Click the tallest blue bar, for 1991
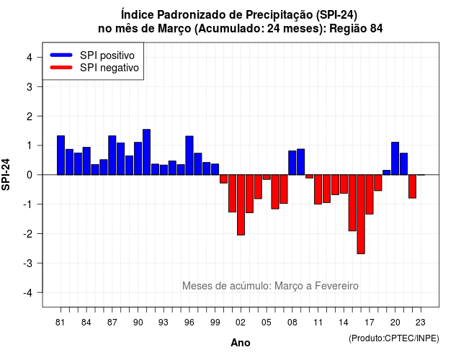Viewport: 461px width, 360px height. pos(146,152)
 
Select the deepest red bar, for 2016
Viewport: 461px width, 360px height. pos(361,215)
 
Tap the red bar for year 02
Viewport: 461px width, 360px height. pos(241,204)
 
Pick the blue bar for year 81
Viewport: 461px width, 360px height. pos(61,156)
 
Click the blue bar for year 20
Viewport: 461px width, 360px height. pos(395,158)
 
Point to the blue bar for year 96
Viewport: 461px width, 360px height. pos(189,156)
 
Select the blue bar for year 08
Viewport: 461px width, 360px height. pos(292,163)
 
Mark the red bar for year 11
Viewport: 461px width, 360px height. pos(318,189)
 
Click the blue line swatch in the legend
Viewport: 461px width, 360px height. pos(61,55)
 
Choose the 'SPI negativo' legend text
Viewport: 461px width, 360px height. pos(109,68)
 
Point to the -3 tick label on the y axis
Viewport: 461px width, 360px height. pos(29,263)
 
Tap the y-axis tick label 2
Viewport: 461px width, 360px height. pos(30,117)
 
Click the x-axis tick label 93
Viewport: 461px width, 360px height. pos(164,323)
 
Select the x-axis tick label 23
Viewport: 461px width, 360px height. pos(421,323)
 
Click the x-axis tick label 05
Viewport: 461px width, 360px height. pos(267,323)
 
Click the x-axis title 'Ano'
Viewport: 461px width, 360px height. pos(241,343)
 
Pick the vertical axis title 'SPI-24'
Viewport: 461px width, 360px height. pos(6,174)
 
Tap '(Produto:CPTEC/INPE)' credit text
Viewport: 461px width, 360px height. pos(394,338)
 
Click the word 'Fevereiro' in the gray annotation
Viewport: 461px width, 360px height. pos(336,286)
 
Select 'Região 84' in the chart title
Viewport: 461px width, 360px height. pos(356,29)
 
